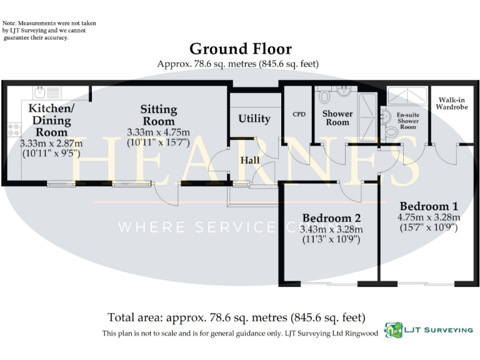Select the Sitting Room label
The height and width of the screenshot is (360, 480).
click(158, 115)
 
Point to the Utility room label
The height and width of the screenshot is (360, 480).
click(254, 119)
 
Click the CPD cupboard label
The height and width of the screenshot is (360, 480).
click(299, 114)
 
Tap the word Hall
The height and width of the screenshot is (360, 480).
click(250, 161)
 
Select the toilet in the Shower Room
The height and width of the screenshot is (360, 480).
click(324, 97)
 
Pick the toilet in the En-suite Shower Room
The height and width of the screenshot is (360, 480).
click(391, 130)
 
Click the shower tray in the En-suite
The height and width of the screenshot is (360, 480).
click(406, 96)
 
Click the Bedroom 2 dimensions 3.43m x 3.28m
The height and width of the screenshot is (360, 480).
click(331, 229)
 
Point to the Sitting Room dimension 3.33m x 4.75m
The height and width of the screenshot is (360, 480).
click(158, 132)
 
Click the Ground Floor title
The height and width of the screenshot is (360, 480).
click(240, 49)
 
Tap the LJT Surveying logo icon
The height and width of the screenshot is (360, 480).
click(394, 329)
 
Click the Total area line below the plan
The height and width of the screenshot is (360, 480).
click(236, 317)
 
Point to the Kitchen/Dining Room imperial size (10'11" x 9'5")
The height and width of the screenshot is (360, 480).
click(51, 152)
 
